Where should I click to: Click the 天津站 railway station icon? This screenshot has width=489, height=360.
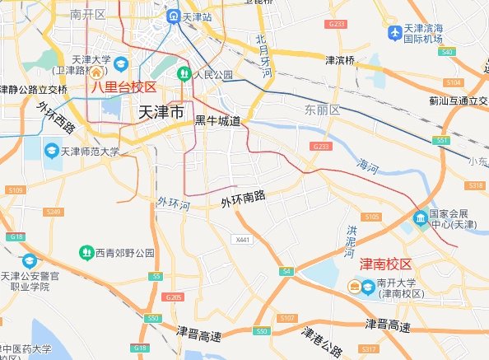coord(175,16)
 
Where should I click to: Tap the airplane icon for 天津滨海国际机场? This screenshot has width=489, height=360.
coord(395,33)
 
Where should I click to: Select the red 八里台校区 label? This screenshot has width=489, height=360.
coord(123,86)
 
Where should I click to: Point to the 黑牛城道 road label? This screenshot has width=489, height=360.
coord(217,121)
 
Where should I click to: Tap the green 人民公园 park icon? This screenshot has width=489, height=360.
coord(184,74)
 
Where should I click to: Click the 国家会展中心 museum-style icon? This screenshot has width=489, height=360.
coord(421,218)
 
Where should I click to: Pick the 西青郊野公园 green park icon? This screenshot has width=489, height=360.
coord(86,251)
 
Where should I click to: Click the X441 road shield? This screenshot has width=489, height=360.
coord(241,240)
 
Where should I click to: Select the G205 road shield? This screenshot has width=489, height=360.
coord(173,297)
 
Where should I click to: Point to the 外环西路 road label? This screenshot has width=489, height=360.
coord(57,117)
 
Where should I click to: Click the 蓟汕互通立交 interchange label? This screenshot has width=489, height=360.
coord(453,101)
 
